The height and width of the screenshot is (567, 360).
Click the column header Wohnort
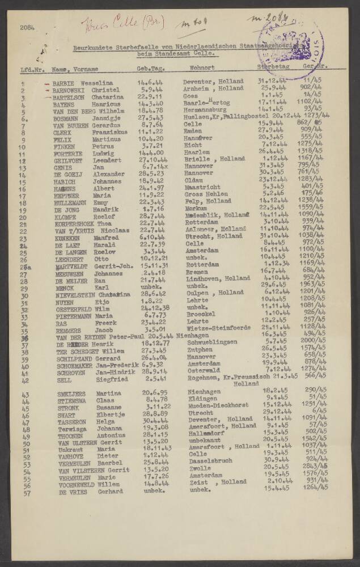[202, 69]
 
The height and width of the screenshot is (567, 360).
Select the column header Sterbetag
[273, 68]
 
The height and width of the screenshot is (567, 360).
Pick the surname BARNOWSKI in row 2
[69, 90]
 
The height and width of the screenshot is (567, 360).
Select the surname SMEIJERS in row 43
[71, 393]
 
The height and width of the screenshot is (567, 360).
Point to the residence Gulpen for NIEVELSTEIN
[198, 293]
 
